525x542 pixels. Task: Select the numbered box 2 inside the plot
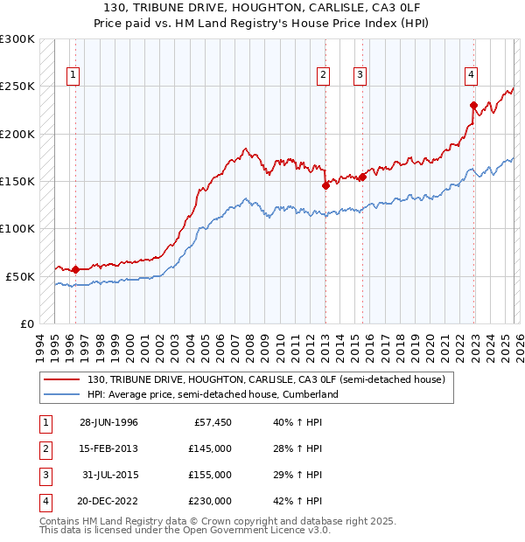[x=324, y=76]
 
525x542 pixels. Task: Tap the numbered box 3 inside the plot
[x=360, y=76]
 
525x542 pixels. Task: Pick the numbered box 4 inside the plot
[x=471, y=76]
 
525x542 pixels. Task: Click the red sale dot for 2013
[x=325, y=185]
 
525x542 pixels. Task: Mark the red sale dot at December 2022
[x=472, y=105]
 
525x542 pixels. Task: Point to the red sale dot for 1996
[x=75, y=269]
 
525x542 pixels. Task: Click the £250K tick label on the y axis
[x=17, y=87]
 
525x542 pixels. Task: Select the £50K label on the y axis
[x=20, y=276]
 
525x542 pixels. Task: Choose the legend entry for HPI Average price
[x=213, y=395]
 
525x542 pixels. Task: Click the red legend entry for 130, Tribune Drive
[x=266, y=379]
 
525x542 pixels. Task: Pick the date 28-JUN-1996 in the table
[x=109, y=422]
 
